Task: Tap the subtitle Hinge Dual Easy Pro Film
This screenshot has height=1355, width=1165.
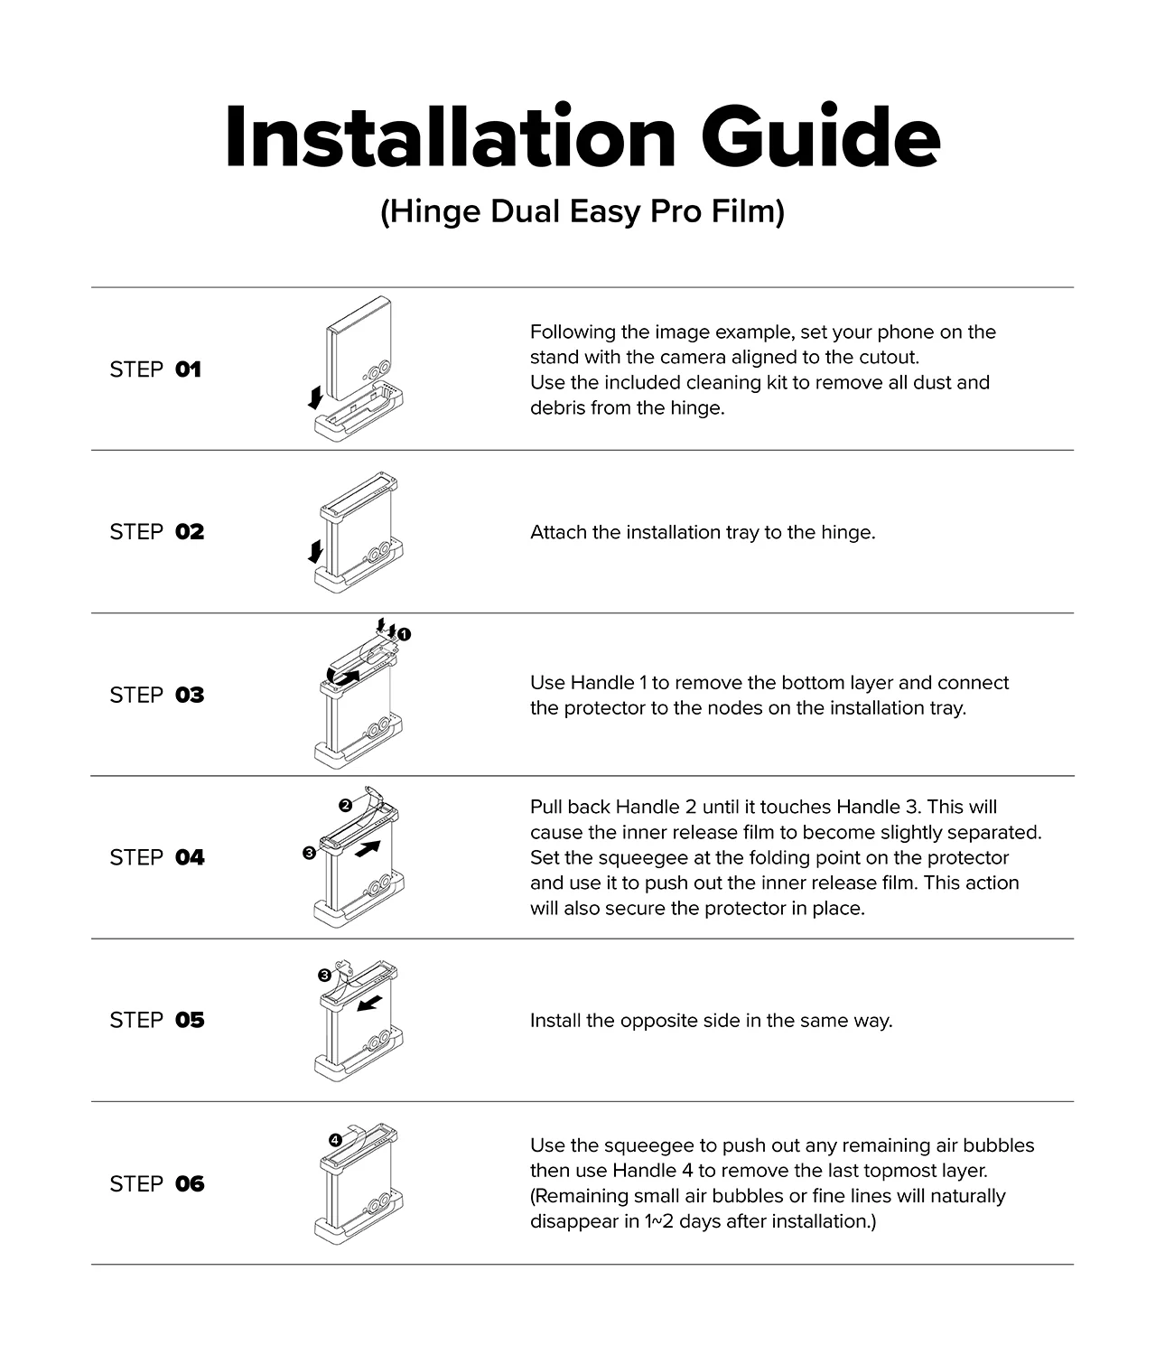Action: (582, 211)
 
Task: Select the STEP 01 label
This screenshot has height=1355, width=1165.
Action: (155, 369)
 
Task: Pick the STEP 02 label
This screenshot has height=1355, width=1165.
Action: (156, 532)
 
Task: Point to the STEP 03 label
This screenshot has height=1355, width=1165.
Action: (156, 695)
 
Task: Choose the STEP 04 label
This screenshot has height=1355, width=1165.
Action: (156, 857)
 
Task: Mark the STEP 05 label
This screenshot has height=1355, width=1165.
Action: (156, 1020)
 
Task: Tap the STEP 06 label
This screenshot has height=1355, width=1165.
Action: (156, 1184)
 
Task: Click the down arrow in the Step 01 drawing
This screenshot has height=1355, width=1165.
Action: (316, 397)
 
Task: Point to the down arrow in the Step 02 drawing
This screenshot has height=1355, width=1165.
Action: (316, 551)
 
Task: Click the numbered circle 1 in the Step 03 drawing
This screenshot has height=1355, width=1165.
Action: (405, 634)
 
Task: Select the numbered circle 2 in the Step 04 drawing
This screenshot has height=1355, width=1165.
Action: (345, 806)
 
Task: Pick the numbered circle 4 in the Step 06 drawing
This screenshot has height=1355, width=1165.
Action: (335, 1141)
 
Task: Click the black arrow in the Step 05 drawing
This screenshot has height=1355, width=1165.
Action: (370, 1003)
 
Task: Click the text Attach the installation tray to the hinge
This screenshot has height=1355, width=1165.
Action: (703, 532)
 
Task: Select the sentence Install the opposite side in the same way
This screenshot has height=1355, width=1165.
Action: (711, 1021)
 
